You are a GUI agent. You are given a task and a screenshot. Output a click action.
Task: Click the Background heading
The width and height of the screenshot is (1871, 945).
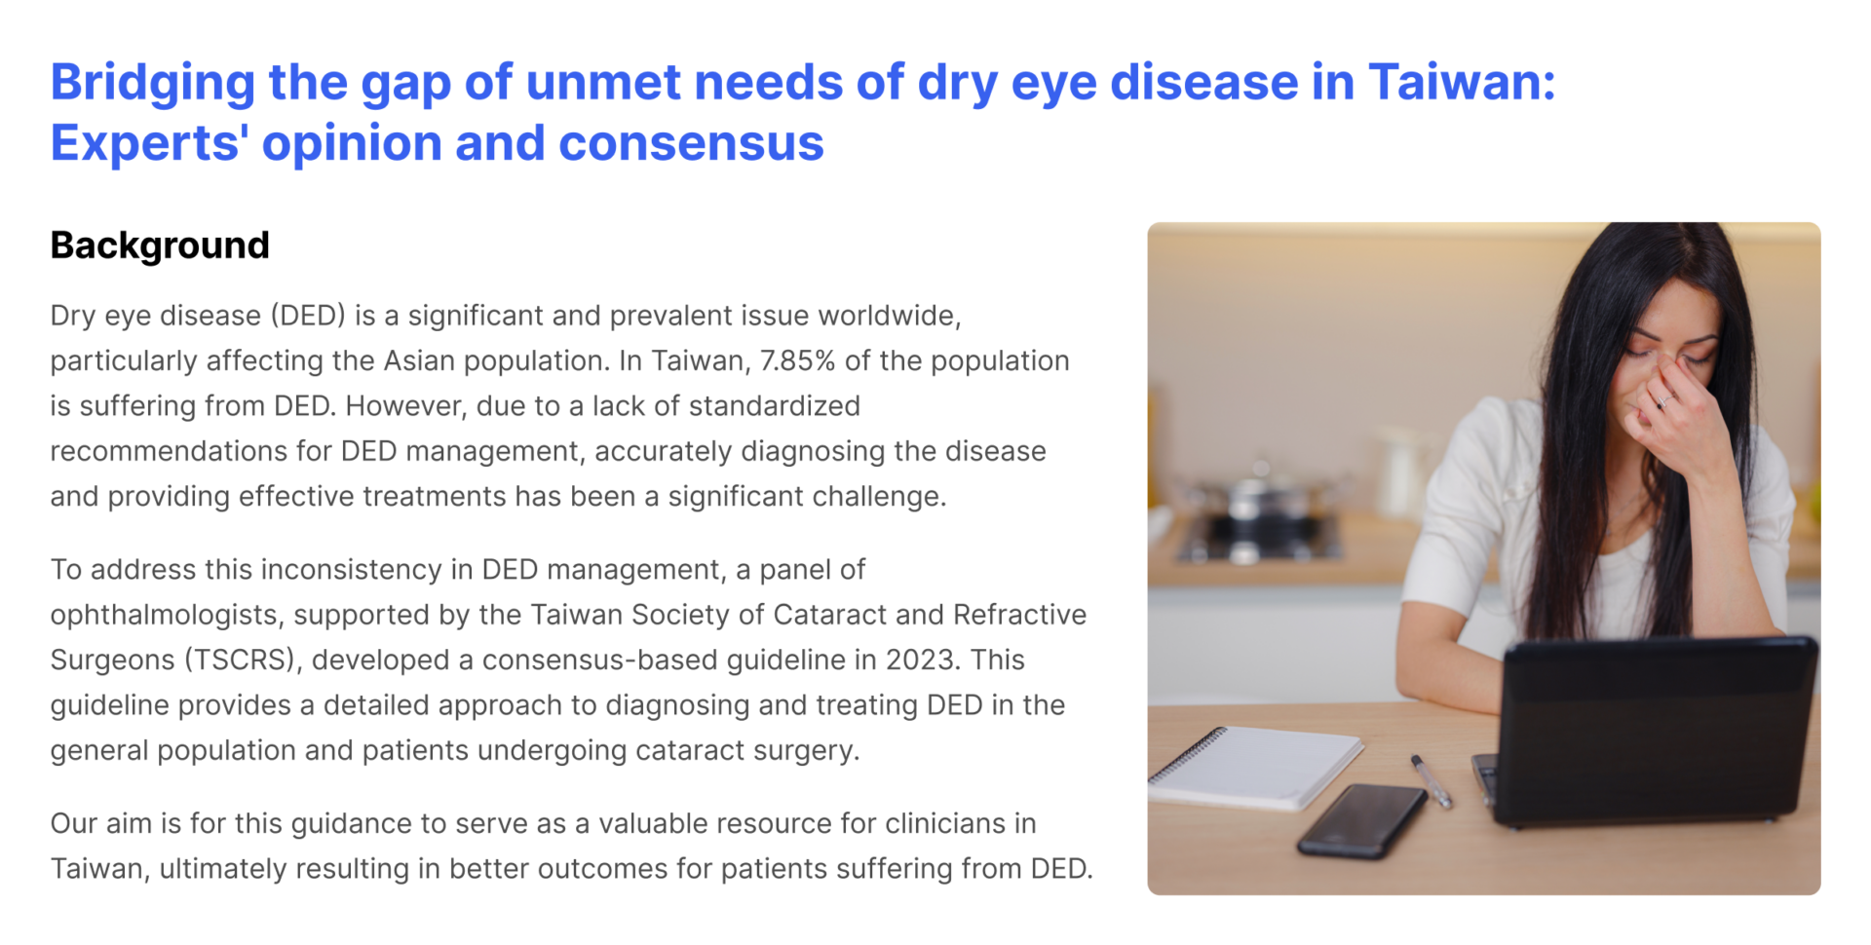160,246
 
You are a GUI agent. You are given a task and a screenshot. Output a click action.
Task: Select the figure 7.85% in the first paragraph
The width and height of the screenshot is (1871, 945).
797,360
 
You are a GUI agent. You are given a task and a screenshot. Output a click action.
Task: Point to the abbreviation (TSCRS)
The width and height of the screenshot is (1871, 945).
241,661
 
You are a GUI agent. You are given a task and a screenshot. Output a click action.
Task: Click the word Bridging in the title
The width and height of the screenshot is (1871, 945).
153,84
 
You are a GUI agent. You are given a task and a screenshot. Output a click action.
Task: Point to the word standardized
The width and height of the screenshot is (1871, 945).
774,405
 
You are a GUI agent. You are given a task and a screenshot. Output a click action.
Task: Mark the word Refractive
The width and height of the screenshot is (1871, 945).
1019,615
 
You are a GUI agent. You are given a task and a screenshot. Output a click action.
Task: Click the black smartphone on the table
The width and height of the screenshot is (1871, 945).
1361,820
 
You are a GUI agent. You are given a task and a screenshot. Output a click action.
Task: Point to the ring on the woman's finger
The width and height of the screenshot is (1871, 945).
1663,400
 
